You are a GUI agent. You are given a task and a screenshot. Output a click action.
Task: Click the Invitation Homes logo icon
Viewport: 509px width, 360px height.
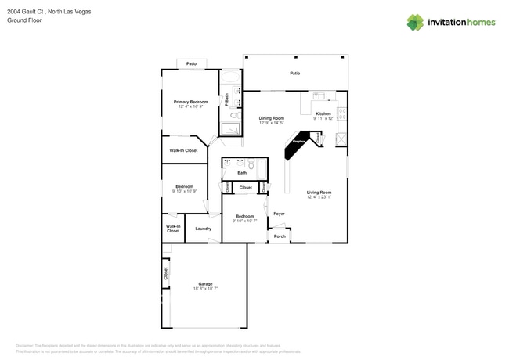click(415, 22)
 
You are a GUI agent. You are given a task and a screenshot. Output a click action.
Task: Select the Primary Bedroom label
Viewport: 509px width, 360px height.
click(190, 102)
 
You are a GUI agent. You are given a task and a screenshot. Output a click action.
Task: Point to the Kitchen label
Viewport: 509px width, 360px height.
click(323, 114)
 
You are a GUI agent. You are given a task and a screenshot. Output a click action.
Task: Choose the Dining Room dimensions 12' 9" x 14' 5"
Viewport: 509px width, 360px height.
click(271, 123)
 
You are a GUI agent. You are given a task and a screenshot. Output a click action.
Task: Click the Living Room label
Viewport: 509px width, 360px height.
click(319, 192)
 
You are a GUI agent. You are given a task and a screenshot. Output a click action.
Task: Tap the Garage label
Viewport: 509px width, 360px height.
click(205, 284)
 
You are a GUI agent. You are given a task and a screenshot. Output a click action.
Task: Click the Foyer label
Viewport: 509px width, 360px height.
click(279, 213)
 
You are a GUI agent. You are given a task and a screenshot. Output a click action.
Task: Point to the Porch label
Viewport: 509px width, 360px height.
click(279, 236)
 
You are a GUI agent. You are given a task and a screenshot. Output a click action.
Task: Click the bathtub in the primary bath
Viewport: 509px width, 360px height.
click(231, 78)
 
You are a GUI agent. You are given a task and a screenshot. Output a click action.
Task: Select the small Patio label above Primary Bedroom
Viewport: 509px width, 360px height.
click(191, 63)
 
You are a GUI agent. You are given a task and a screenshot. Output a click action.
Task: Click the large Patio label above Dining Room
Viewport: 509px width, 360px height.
click(294, 73)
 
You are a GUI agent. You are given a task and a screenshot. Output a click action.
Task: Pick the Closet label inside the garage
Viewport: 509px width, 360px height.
click(165, 274)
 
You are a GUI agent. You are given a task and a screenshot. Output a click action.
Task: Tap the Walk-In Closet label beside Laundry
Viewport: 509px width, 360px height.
click(173, 229)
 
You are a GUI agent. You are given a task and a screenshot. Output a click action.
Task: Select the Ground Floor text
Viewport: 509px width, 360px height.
click(24, 20)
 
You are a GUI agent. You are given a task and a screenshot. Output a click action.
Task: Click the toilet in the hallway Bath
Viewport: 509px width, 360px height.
click(252, 165)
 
